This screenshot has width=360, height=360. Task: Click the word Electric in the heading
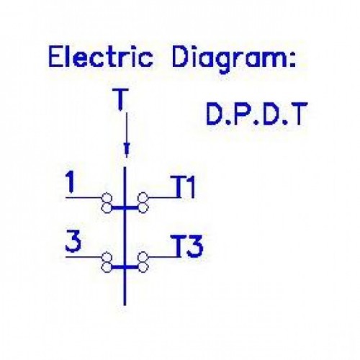click(x=101, y=57)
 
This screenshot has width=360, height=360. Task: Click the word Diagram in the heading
click(x=227, y=60)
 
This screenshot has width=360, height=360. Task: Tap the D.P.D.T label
click(x=256, y=114)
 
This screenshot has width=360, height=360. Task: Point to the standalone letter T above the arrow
click(x=121, y=99)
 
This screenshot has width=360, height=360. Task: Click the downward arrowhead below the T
click(x=127, y=150)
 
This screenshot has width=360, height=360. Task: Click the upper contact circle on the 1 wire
click(x=107, y=198)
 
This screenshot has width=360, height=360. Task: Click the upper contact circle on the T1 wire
click(x=143, y=198)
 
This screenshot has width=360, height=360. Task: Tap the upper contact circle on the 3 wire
click(x=107, y=257)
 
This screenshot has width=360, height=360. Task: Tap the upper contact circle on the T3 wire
click(x=143, y=257)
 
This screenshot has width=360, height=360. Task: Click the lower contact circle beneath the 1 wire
click(x=107, y=207)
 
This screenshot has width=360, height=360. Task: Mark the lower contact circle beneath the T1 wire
click(x=143, y=207)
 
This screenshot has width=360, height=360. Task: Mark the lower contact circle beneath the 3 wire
click(x=107, y=267)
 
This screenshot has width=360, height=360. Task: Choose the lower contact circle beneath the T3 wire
click(x=143, y=267)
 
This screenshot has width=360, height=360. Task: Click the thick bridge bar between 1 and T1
click(x=125, y=207)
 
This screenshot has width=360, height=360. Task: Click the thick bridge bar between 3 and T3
click(x=125, y=267)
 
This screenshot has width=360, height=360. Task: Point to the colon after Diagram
click(x=292, y=60)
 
